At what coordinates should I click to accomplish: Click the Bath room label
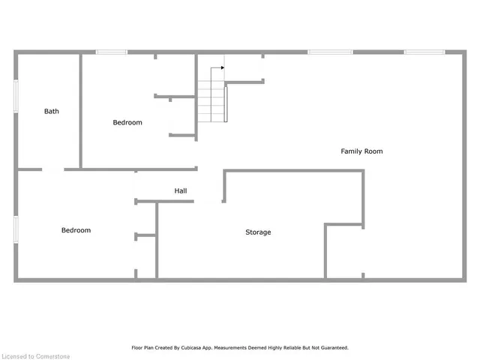pyautogui.click(x=51, y=111)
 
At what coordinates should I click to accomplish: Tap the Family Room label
pyautogui.click(x=361, y=151)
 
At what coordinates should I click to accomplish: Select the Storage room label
pyautogui.click(x=258, y=232)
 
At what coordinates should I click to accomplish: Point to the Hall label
pyautogui.click(x=181, y=191)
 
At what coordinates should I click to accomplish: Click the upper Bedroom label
pyautogui.click(x=127, y=122)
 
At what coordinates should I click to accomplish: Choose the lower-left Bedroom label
pyautogui.click(x=76, y=230)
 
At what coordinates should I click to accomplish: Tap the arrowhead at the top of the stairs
pyautogui.click(x=222, y=67)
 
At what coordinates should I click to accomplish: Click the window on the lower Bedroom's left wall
pyautogui.click(x=16, y=229)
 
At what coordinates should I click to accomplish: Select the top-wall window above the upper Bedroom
pyautogui.click(x=111, y=52)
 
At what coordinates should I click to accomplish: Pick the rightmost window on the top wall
pyautogui.click(x=424, y=52)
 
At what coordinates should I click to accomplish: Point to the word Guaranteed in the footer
pyautogui.click(x=332, y=348)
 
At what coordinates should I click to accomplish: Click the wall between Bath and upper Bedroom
pyautogui.click(x=80, y=111)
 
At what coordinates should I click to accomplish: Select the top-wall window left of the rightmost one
pyautogui.click(x=330, y=52)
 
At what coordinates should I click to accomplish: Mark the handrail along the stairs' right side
pyautogui.click(x=226, y=103)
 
